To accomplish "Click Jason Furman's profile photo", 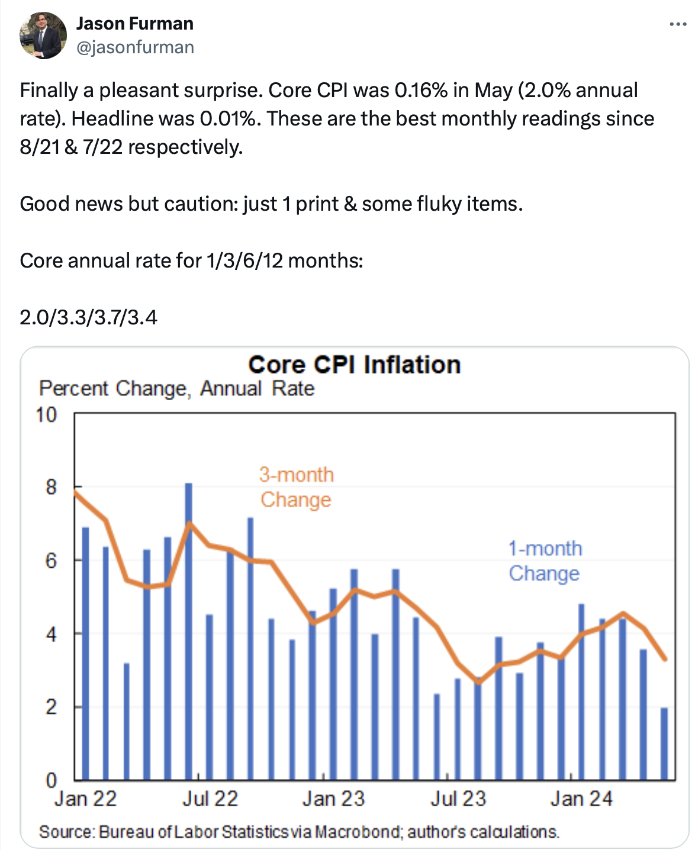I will click(x=43, y=35).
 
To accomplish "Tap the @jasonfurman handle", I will click(x=135, y=47).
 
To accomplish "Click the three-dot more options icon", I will click(x=677, y=24).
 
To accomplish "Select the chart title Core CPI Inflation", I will click(x=354, y=365).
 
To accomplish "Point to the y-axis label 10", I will click(x=46, y=415).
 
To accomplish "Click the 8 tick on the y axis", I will click(x=51, y=487).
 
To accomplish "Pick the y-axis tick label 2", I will click(x=51, y=707).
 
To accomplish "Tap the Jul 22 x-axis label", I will click(x=210, y=799).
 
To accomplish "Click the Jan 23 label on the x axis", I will click(x=333, y=799).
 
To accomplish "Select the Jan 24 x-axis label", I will click(x=581, y=799).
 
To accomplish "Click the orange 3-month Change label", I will click(x=296, y=487).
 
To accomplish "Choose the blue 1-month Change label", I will click(x=545, y=561).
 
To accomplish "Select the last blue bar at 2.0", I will click(x=664, y=743).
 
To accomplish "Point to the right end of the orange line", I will click(x=666, y=659).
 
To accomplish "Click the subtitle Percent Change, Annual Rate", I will click(x=176, y=389).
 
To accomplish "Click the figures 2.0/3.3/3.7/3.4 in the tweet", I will click(x=89, y=318).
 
